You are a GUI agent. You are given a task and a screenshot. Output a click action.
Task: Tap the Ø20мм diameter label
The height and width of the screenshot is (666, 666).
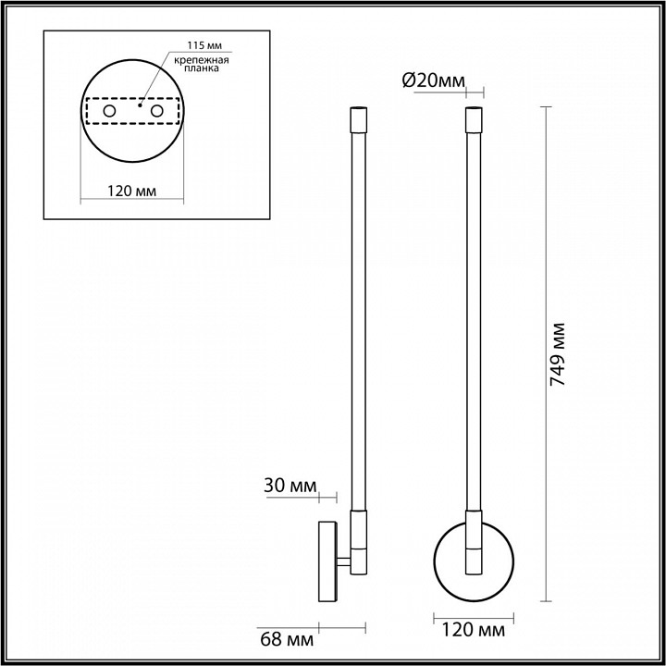[434, 81]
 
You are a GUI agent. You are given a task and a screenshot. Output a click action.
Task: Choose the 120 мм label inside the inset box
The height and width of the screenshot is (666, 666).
[130, 191]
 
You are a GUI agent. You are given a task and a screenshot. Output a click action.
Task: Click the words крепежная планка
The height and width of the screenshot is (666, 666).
[201, 65]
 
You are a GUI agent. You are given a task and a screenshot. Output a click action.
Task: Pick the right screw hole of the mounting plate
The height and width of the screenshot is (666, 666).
[157, 111]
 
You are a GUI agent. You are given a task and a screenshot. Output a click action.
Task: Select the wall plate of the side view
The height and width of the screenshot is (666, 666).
[327, 562]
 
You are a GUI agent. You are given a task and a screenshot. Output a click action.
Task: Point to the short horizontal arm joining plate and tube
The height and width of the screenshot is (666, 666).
[343, 562]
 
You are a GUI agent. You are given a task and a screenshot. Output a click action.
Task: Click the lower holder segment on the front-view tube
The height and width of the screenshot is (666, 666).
[474, 546]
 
